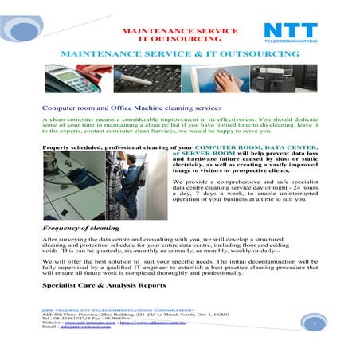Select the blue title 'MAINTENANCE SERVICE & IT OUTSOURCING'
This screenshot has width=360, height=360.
[179, 54]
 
